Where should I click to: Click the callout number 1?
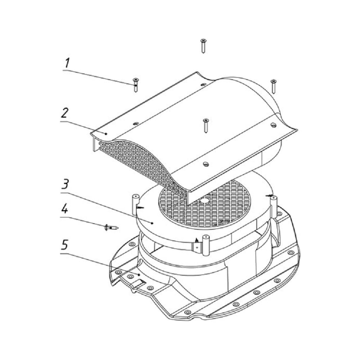(x=67, y=63)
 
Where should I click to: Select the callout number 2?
(x=65, y=113)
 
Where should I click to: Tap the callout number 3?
(x=65, y=184)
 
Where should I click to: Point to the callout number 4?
(x=65, y=208)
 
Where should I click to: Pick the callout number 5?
(x=64, y=245)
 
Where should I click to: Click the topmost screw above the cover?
(x=203, y=46)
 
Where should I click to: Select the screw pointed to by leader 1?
(x=136, y=85)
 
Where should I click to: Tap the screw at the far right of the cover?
(x=273, y=86)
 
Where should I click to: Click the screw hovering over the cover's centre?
(x=206, y=126)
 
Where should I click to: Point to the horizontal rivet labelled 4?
(x=111, y=228)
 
